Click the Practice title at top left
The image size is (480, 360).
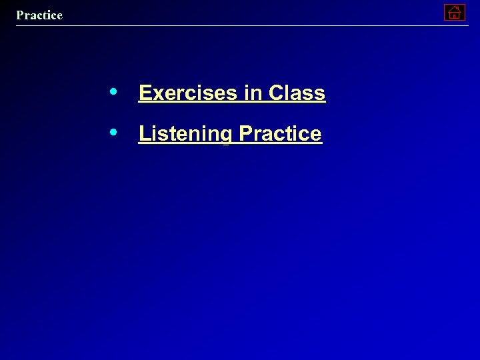(x=39, y=15)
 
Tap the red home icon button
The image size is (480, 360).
(x=454, y=12)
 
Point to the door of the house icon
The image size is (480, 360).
(x=454, y=15)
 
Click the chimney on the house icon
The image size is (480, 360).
(x=458, y=7)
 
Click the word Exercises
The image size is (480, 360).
(x=189, y=93)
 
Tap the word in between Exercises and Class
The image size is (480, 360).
(x=253, y=93)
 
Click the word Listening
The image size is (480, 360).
(x=185, y=134)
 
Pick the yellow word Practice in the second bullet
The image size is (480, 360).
(x=280, y=134)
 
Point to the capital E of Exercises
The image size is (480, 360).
(x=145, y=93)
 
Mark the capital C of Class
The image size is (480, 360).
(x=275, y=93)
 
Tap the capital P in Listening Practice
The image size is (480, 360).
(x=245, y=133)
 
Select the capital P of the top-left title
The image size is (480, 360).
(x=20, y=15)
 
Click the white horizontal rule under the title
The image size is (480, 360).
(x=240, y=25)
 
